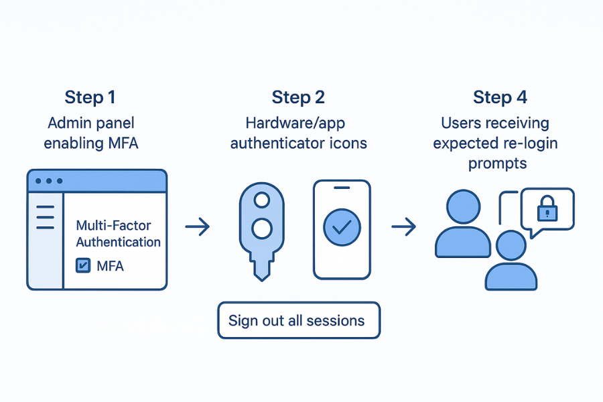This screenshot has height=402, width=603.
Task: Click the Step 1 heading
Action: tap(90, 97)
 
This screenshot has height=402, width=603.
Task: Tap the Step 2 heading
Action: tap(298, 97)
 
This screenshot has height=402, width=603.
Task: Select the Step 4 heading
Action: tap(500, 97)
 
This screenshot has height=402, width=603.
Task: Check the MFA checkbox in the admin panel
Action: tap(84, 266)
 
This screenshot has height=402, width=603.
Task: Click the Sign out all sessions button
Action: tap(298, 320)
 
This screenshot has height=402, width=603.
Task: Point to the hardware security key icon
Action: tap(262, 228)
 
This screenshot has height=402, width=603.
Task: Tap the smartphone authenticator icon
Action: tap(342, 228)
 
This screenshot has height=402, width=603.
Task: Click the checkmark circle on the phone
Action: tap(342, 227)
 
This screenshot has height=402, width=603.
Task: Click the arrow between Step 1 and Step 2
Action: tap(197, 228)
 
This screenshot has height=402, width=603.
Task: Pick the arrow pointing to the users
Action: tap(403, 228)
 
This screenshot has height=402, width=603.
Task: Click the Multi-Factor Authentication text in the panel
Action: tap(118, 234)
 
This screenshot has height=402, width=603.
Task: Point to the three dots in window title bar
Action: tap(48, 181)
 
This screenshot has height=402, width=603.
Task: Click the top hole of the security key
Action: tap(262, 200)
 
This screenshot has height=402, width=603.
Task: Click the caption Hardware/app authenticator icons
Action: tap(298, 133)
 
